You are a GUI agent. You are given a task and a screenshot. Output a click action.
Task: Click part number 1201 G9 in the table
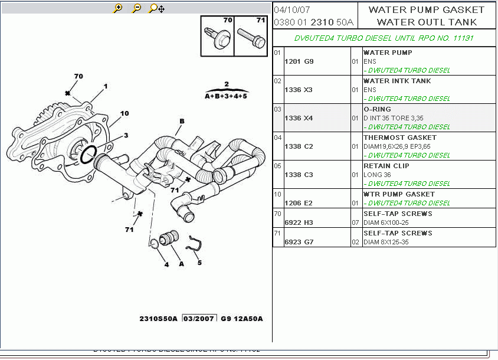pos(299,61)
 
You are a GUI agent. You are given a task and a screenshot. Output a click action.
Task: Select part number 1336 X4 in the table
pos(299,118)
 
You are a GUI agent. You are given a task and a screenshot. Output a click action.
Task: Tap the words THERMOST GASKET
pos(391,138)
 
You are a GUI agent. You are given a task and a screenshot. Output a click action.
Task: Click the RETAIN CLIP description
pos(386,166)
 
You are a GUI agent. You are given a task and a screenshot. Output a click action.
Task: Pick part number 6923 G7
pos(299,242)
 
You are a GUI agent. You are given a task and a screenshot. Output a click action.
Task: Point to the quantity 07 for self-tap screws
pos(355,222)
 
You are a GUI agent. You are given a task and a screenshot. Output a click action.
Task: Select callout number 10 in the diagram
pos(125,113)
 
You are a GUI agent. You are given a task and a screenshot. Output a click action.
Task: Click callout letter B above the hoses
pos(182,122)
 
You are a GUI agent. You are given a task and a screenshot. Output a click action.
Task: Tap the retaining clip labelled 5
pos(195,243)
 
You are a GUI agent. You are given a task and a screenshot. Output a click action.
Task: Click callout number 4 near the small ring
pos(166,264)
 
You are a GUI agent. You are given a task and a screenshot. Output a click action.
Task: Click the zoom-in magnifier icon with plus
pos(118,8)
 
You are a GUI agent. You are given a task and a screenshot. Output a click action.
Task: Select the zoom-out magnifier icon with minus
pos(137,8)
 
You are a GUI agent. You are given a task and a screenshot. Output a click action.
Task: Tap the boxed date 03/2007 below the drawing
pos(199,319)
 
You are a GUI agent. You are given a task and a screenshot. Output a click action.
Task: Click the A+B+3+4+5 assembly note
pos(226,95)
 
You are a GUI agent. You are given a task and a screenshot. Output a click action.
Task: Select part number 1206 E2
pos(299,203)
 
